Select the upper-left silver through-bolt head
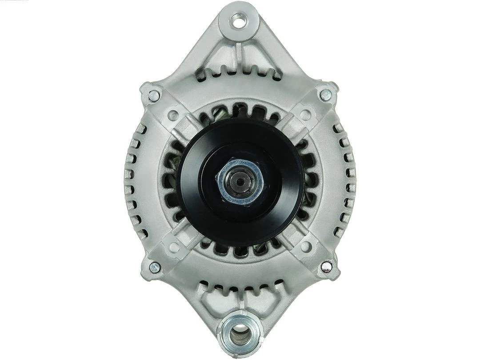[x=154, y=94]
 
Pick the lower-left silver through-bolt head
[x=154, y=267]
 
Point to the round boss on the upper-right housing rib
[x=305, y=114]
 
